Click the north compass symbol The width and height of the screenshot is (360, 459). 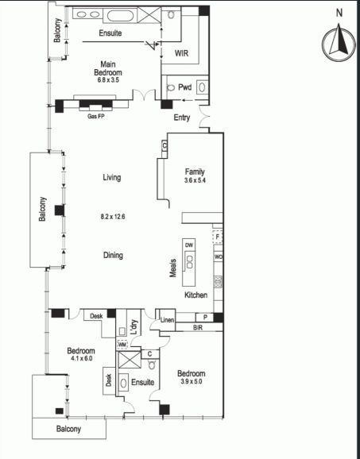coord(339,43)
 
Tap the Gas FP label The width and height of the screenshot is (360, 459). coord(96,116)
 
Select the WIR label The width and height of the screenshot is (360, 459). coord(182,53)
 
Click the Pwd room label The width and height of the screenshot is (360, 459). coord(185,87)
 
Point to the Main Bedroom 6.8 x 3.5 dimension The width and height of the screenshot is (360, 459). coord(108,79)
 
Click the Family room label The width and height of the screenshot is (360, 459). coord(195,172)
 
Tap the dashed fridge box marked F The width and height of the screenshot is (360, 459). coord(217,237)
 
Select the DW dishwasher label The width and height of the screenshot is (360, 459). coord(189,245)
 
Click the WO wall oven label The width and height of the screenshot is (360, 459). coord(219,257)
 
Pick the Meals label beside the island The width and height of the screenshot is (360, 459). coord(172,268)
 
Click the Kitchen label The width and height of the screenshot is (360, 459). coord(196,295)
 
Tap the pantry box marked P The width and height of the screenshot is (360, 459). coord(205,318)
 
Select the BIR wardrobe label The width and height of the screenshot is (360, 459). coord(198,327)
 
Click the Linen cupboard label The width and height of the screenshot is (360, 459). coord(167,320)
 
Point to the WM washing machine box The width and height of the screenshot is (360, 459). coord(122,345)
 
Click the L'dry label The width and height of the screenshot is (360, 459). coord(134,327)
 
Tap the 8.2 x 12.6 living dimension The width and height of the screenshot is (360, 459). coord(113,217)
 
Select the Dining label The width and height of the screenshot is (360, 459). coord(113,255)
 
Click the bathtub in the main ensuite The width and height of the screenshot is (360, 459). coord(120,16)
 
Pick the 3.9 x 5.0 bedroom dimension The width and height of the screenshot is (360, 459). coord(191,381)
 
